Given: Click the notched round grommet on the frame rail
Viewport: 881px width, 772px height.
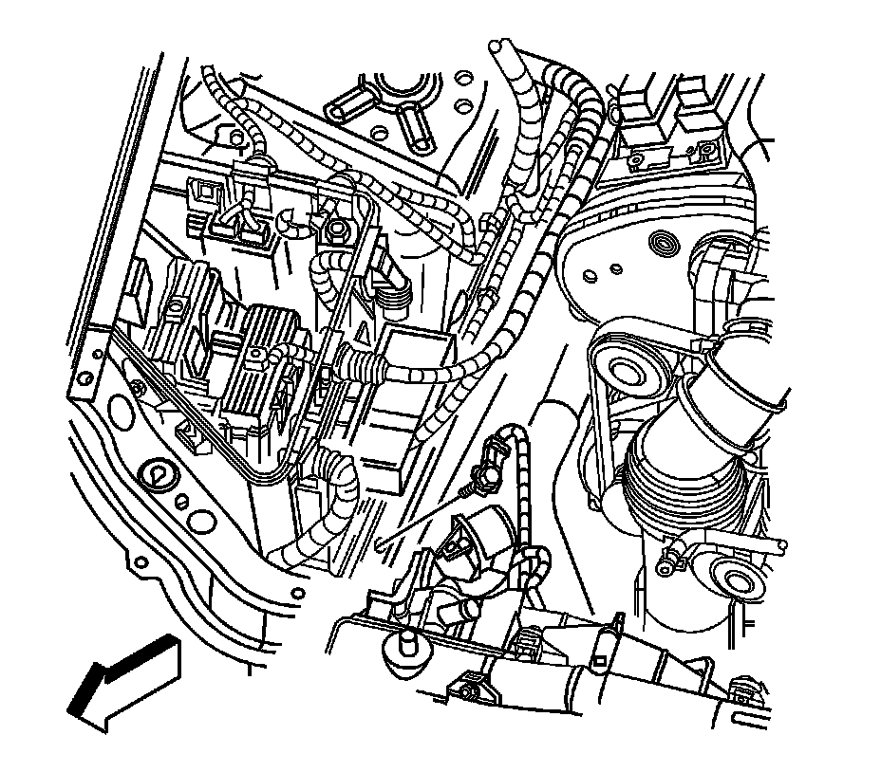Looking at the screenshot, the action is [155, 473].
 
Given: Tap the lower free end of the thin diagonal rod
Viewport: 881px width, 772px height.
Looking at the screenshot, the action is [379, 543].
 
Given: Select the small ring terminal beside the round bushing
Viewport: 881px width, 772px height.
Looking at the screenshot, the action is [666, 565].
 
